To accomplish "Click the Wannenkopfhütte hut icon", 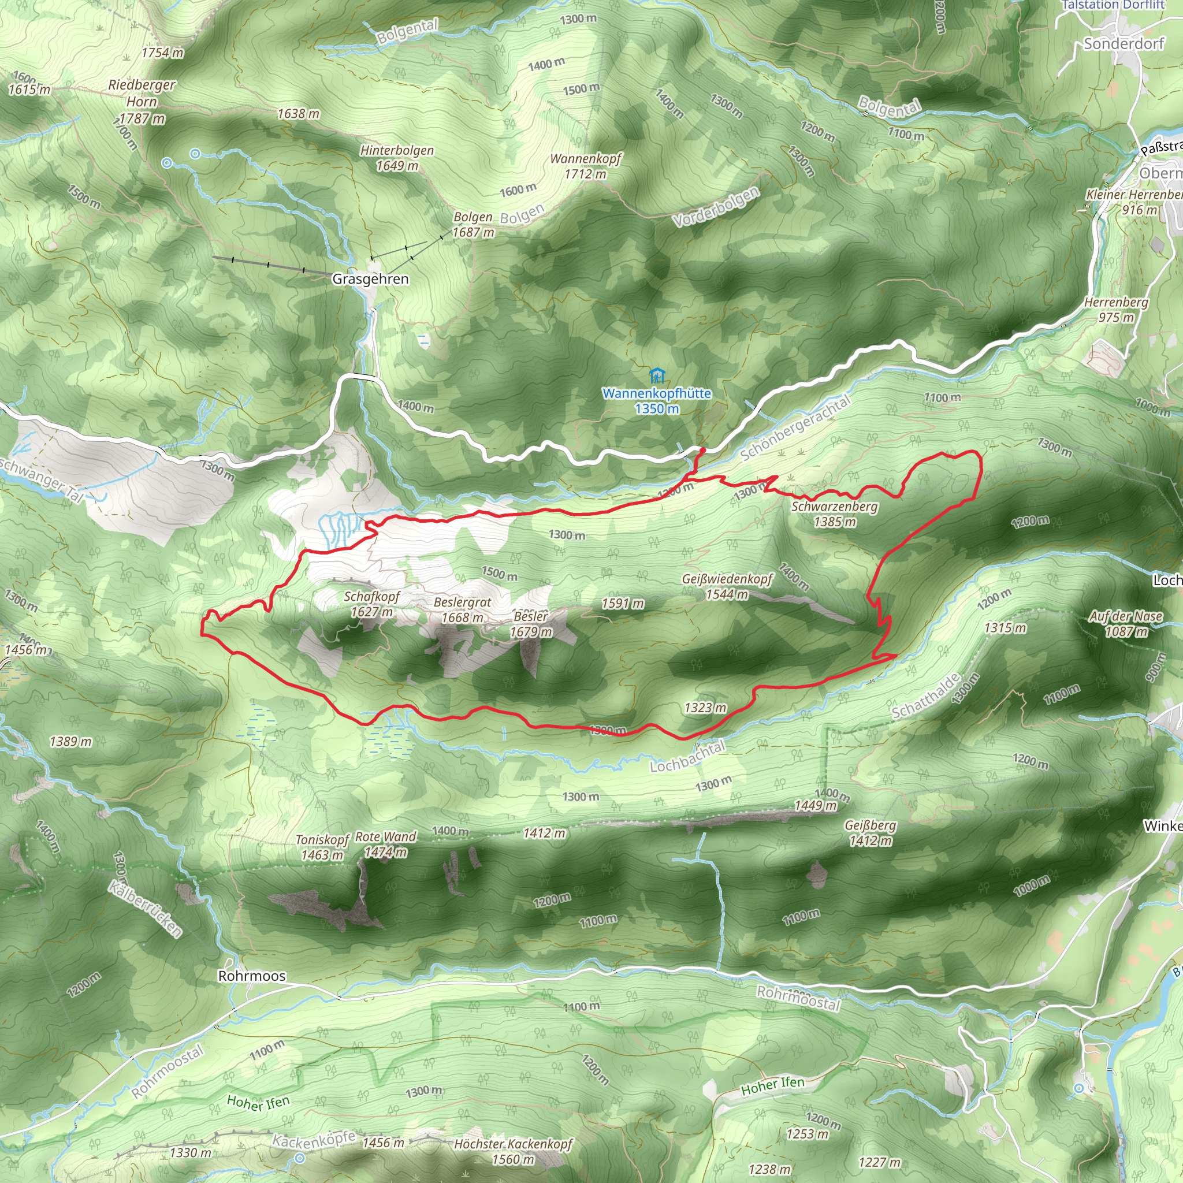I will coord(656,375).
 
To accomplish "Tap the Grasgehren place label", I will coord(370,279).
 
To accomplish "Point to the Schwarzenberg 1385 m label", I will coord(834,514).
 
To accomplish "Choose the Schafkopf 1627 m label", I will coord(371,604).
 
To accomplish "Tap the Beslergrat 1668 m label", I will coord(462,610).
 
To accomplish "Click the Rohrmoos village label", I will coord(252,976).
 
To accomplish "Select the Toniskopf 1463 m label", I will coord(322,847).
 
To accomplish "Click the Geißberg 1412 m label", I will coord(870,833).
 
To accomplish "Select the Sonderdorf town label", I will coord(1124,43).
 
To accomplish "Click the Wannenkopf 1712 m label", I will coord(585,166).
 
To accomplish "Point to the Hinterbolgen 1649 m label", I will coord(397,158).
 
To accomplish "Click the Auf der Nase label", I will coord(1125,623).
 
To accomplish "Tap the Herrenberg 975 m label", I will coord(1115,310).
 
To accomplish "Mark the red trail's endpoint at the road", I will coord(702,450).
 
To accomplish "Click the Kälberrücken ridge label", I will coord(146,909).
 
